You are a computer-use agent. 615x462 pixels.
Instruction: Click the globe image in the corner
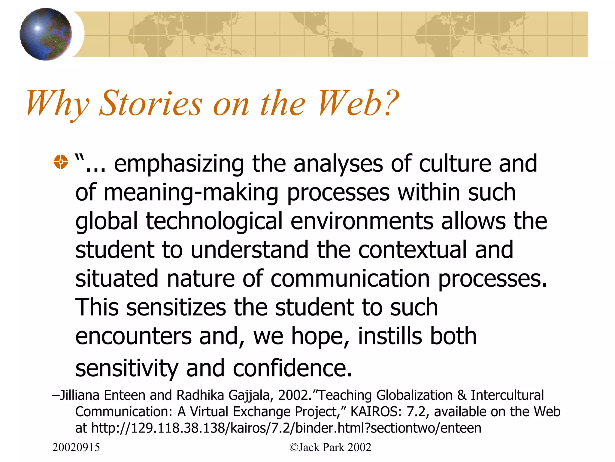tap(46, 34)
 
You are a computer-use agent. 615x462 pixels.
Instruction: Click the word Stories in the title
tap(151, 103)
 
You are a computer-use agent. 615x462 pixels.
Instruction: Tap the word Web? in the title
tap(358, 103)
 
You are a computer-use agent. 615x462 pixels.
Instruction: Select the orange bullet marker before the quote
tap(61, 162)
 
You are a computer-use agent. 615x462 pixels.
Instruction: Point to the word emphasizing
tap(179, 164)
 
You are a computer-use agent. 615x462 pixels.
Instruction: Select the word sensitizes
tap(176, 307)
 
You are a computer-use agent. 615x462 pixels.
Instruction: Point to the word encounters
tap(133, 336)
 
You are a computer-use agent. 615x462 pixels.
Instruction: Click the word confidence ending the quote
tap(292, 368)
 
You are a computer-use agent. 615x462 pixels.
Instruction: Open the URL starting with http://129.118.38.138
tap(286, 428)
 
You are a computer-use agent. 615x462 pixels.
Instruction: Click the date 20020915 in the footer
tap(76, 447)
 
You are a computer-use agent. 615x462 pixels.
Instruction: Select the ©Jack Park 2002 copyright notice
tap(330, 447)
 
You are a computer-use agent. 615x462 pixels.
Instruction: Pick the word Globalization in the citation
tap(414, 395)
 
